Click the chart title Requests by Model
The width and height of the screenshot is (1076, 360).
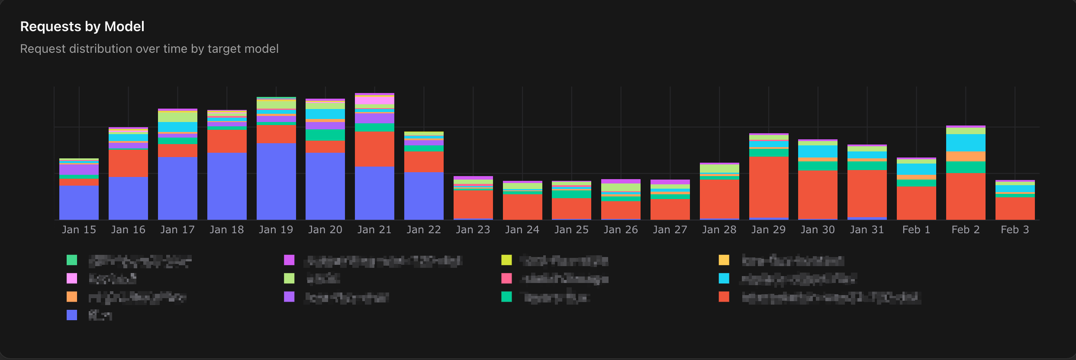pyautogui.click(x=82, y=27)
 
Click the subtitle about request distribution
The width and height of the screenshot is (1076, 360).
pyautogui.click(x=149, y=49)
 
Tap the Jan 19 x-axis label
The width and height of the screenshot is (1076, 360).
pyautogui.click(x=276, y=230)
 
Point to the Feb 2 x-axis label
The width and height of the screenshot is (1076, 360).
pyautogui.click(x=965, y=230)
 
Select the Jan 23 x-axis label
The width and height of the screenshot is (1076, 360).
pyautogui.click(x=473, y=230)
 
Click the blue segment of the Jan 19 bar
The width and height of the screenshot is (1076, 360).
pyautogui.click(x=276, y=182)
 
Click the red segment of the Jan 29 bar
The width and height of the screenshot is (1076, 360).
pyautogui.click(x=769, y=187)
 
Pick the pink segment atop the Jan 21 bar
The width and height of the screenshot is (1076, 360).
pyautogui.click(x=374, y=100)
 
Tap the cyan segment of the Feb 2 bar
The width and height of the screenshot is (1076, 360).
pyautogui.click(x=966, y=143)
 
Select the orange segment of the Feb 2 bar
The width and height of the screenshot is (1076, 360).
pyautogui.click(x=966, y=157)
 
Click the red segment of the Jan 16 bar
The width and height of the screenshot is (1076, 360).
pyautogui.click(x=128, y=164)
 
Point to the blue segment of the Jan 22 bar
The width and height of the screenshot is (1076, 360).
pyautogui.click(x=424, y=196)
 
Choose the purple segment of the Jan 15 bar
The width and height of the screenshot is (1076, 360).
pyautogui.click(x=79, y=170)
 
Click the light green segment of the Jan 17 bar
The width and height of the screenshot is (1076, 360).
pyautogui.click(x=177, y=117)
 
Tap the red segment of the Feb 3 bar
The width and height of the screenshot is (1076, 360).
pyautogui.click(x=1015, y=209)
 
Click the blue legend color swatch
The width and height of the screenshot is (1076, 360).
pyautogui.click(x=72, y=315)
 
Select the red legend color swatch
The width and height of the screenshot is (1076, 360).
pyautogui.click(x=724, y=297)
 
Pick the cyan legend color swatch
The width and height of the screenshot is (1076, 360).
pyautogui.click(x=724, y=278)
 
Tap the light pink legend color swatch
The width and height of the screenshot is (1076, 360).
pyautogui.click(x=72, y=278)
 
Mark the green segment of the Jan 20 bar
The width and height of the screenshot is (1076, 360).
pyautogui.click(x=325, y=135)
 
